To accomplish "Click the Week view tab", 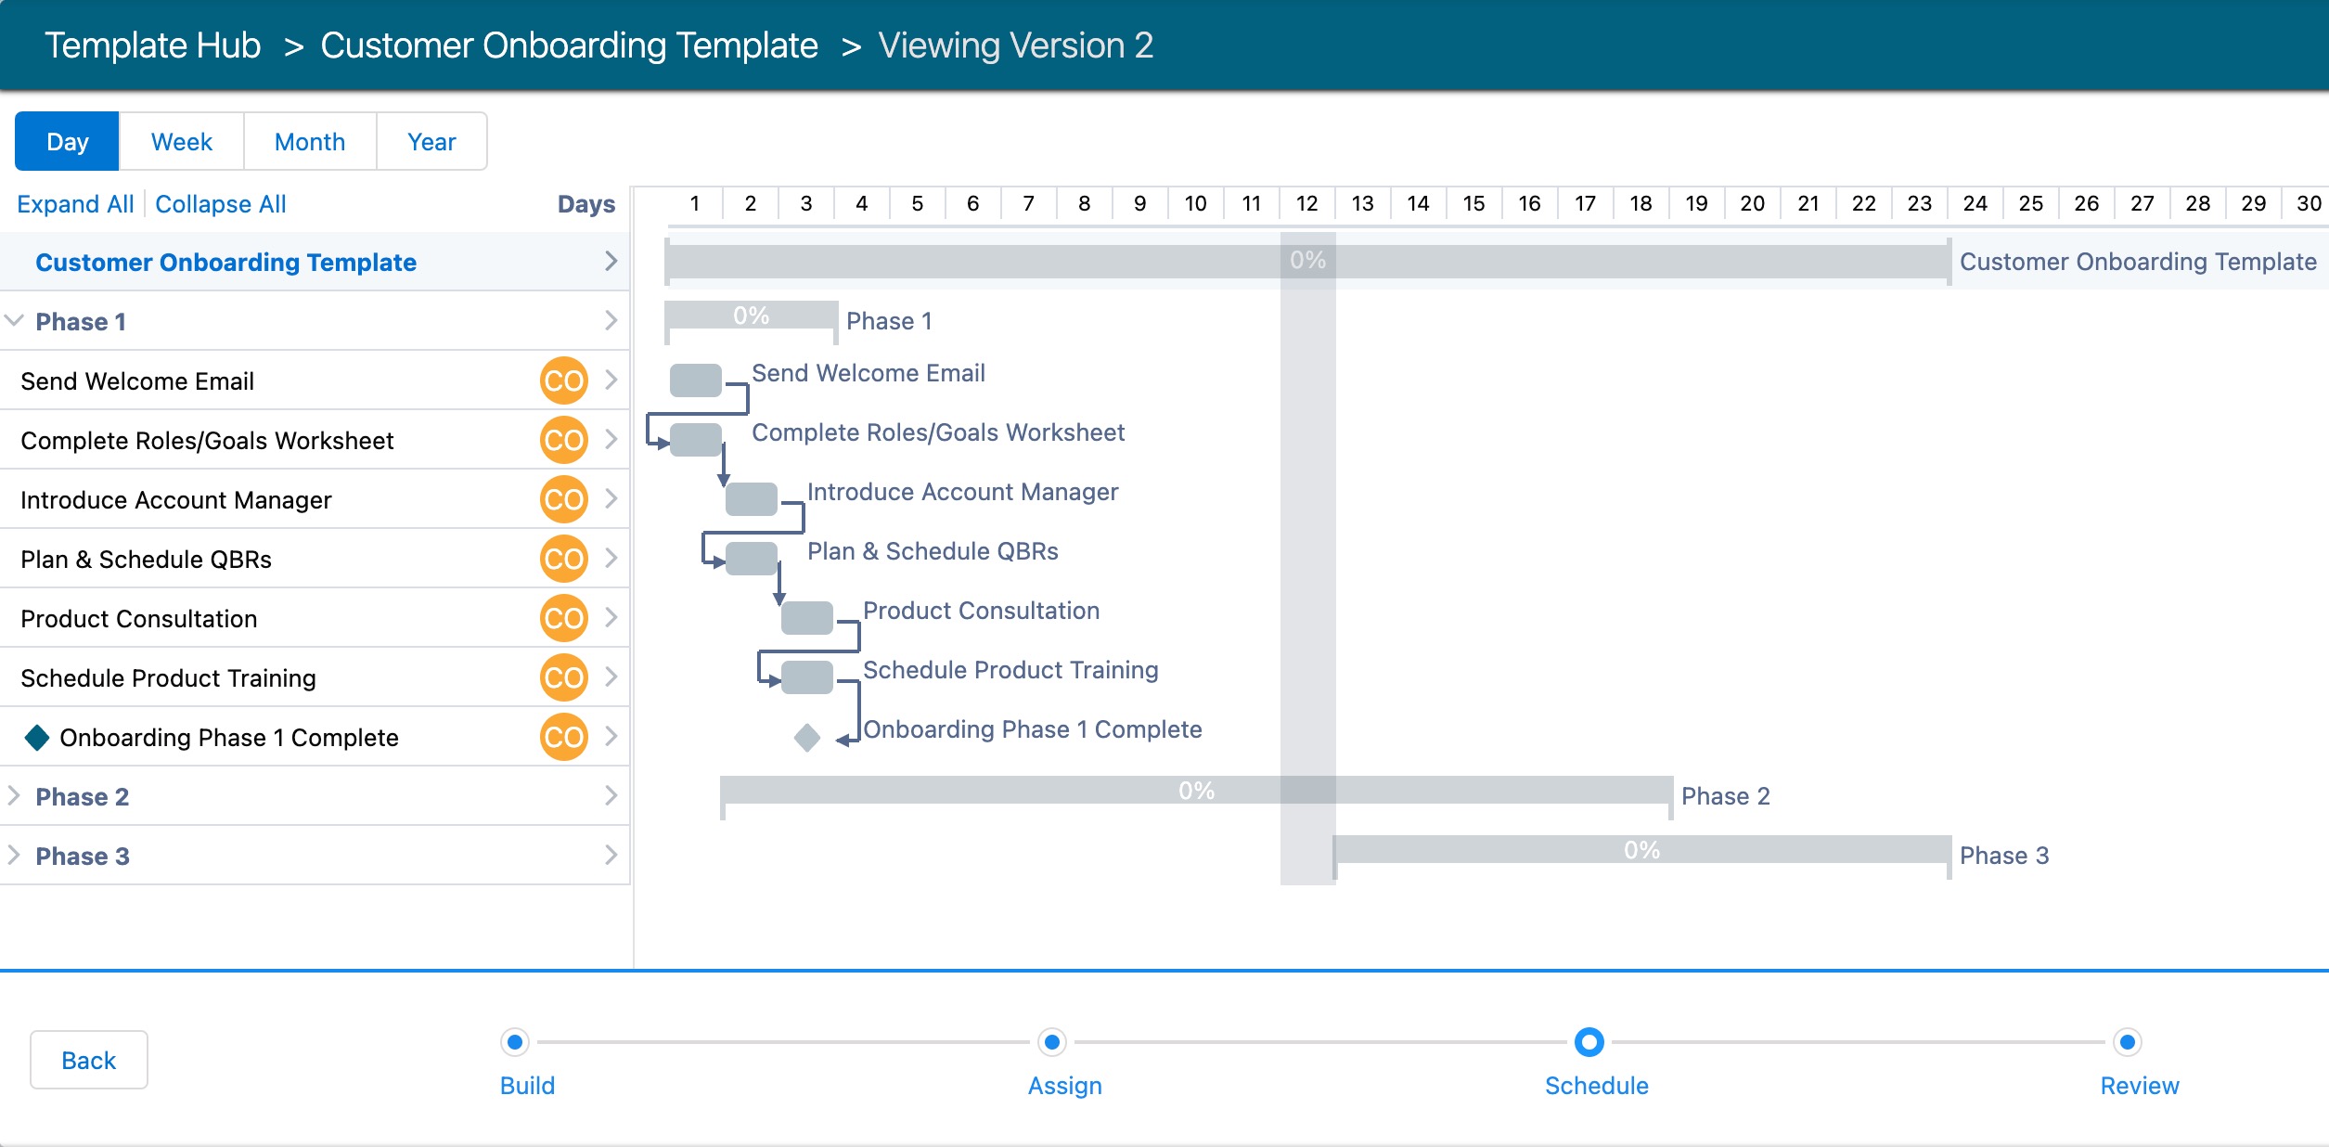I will [181, 142].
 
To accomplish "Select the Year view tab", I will [431, 142].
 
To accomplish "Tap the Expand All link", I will [75, 204].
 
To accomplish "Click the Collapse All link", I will [221, 204].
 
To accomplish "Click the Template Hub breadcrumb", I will [153, 45].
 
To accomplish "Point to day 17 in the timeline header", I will [1585, 204].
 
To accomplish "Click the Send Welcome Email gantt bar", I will [695, 380].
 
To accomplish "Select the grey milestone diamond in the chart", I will [807, 738].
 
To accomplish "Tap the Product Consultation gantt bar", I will [806, 618].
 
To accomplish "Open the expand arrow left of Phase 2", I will [14, 796].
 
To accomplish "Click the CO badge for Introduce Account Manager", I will [563, 499].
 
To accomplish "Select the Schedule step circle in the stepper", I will [1589, 1042].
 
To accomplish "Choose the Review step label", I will [2139, 1086].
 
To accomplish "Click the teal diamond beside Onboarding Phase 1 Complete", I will [37, 738].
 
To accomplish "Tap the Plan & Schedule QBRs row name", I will [146, 560].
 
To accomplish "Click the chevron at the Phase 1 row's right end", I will [611, 321].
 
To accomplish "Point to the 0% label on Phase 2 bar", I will [1196, 791].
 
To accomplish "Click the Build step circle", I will [515, 1042].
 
